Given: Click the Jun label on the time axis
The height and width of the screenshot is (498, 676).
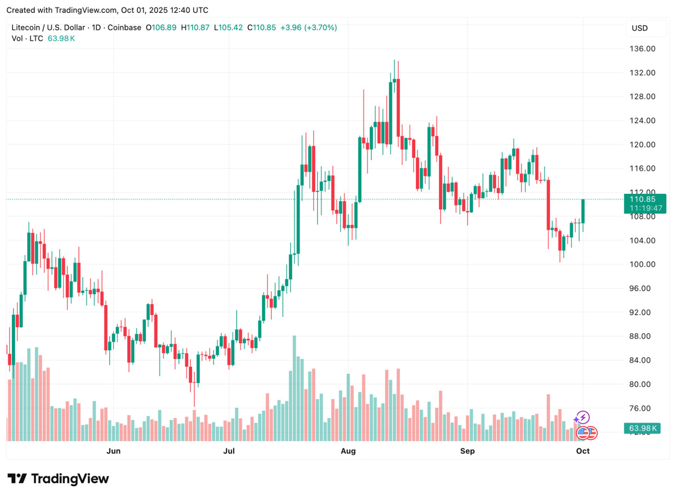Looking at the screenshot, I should pos(113,451).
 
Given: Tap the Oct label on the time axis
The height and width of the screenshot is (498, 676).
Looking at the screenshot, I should pos(583,451).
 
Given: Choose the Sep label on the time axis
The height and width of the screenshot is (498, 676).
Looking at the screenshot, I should pos(467,451).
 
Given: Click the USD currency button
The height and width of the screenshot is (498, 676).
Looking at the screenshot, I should pos(639,28).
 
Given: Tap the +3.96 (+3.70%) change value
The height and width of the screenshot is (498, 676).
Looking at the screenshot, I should pos(309,27).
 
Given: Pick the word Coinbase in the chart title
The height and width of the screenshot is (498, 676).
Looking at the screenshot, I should pos(125,27).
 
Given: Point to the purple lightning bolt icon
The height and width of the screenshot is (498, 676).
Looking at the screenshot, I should pos(582,417).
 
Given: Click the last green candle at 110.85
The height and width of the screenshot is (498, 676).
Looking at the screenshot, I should pos(583,211).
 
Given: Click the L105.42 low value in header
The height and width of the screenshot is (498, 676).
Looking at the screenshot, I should pos(231,27).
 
